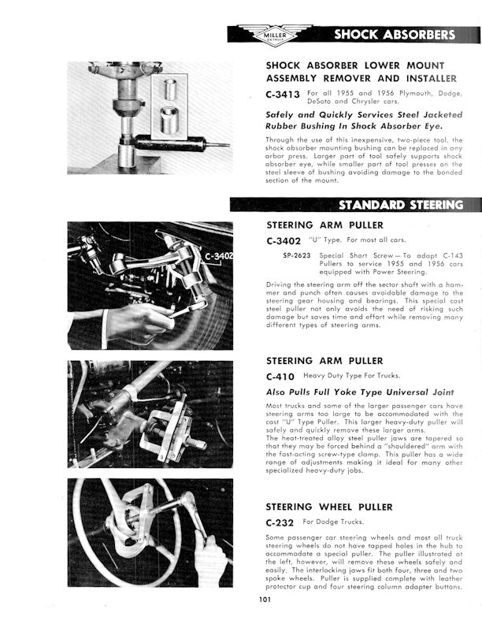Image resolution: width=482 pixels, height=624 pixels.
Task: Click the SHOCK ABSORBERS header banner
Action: click(x=393, y=34)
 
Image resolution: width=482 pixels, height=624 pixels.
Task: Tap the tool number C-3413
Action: click(x=283, y=94)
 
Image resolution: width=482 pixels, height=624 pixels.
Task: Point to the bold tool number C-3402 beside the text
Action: click(x=283, y=240)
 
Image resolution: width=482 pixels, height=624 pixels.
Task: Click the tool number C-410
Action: click(x=280, y=377)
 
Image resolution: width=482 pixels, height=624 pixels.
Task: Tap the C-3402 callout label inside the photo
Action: click(x=218, y=257)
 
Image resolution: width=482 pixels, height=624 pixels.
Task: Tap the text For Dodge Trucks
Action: click(x=332, y=522)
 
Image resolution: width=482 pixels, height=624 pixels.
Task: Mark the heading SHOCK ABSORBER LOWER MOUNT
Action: click(x=355, y=65)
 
